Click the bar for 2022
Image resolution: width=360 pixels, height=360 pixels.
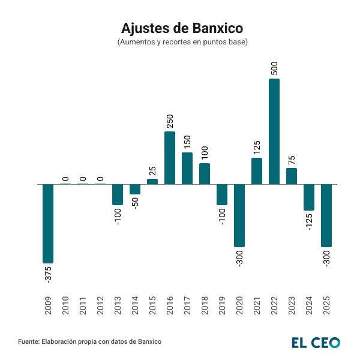coord(274,131)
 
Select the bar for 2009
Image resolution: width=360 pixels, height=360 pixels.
coord(48,223)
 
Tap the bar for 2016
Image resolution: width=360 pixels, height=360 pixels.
coord(170,158)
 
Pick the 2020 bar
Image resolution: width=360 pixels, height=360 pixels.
coord(239,215)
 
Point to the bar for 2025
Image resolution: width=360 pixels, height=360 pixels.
coord(326,215)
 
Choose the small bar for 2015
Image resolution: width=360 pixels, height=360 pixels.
coord(152,181)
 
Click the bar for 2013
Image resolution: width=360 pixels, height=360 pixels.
coord(118,194)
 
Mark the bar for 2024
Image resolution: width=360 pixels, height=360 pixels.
coord(309,197)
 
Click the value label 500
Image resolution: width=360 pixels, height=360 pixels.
coord(275,68)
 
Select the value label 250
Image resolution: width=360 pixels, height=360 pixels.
coord(170,121)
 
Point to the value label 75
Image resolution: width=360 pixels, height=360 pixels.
coord(292,160)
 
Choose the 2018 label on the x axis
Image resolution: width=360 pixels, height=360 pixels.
coord(205,307)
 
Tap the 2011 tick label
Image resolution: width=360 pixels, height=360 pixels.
coord(83,307)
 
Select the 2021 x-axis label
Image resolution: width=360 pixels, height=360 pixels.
coord(257,307)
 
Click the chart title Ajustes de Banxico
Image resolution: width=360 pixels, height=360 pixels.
coord(182,28)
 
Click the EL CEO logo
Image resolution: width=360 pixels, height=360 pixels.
coord(316,343)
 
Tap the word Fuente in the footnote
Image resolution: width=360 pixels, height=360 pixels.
coord(28,341)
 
